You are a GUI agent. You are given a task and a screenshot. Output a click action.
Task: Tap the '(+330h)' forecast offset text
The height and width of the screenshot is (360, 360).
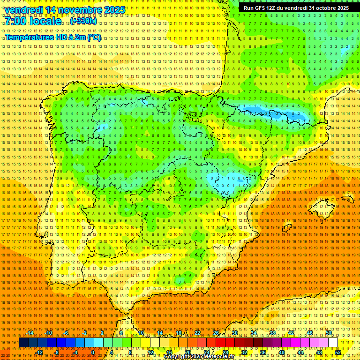click(x=84, y=21)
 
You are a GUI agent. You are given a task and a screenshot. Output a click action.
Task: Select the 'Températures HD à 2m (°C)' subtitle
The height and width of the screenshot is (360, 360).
click(x=52, y=37)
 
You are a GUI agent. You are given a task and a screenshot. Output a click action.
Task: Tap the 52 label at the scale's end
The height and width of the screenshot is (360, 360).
click(x=338, y=352)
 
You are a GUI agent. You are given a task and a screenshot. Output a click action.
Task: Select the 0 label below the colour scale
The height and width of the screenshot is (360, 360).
click(x=93, y=352)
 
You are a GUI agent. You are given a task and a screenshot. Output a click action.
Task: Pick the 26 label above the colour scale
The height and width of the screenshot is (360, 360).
click(x=216, y=333)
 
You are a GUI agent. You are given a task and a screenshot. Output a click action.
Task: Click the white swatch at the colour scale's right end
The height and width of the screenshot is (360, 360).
click(x=333, y=343)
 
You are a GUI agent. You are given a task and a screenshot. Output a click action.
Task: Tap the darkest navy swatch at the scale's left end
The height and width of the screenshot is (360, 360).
click(x=23, y=343)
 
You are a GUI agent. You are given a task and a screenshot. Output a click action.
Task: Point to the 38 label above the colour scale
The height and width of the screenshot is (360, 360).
click(x=272, y=333)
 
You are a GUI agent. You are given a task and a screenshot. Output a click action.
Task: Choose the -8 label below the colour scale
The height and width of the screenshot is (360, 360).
click(x=57, y=352)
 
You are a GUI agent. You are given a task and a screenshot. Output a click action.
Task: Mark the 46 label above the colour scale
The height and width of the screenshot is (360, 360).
click(x=309, y=333)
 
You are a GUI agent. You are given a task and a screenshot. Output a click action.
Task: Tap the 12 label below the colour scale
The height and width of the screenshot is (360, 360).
click(x=150, y=352)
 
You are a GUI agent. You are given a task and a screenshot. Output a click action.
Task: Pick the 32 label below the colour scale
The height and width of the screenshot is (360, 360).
click(x=244, y=352)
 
